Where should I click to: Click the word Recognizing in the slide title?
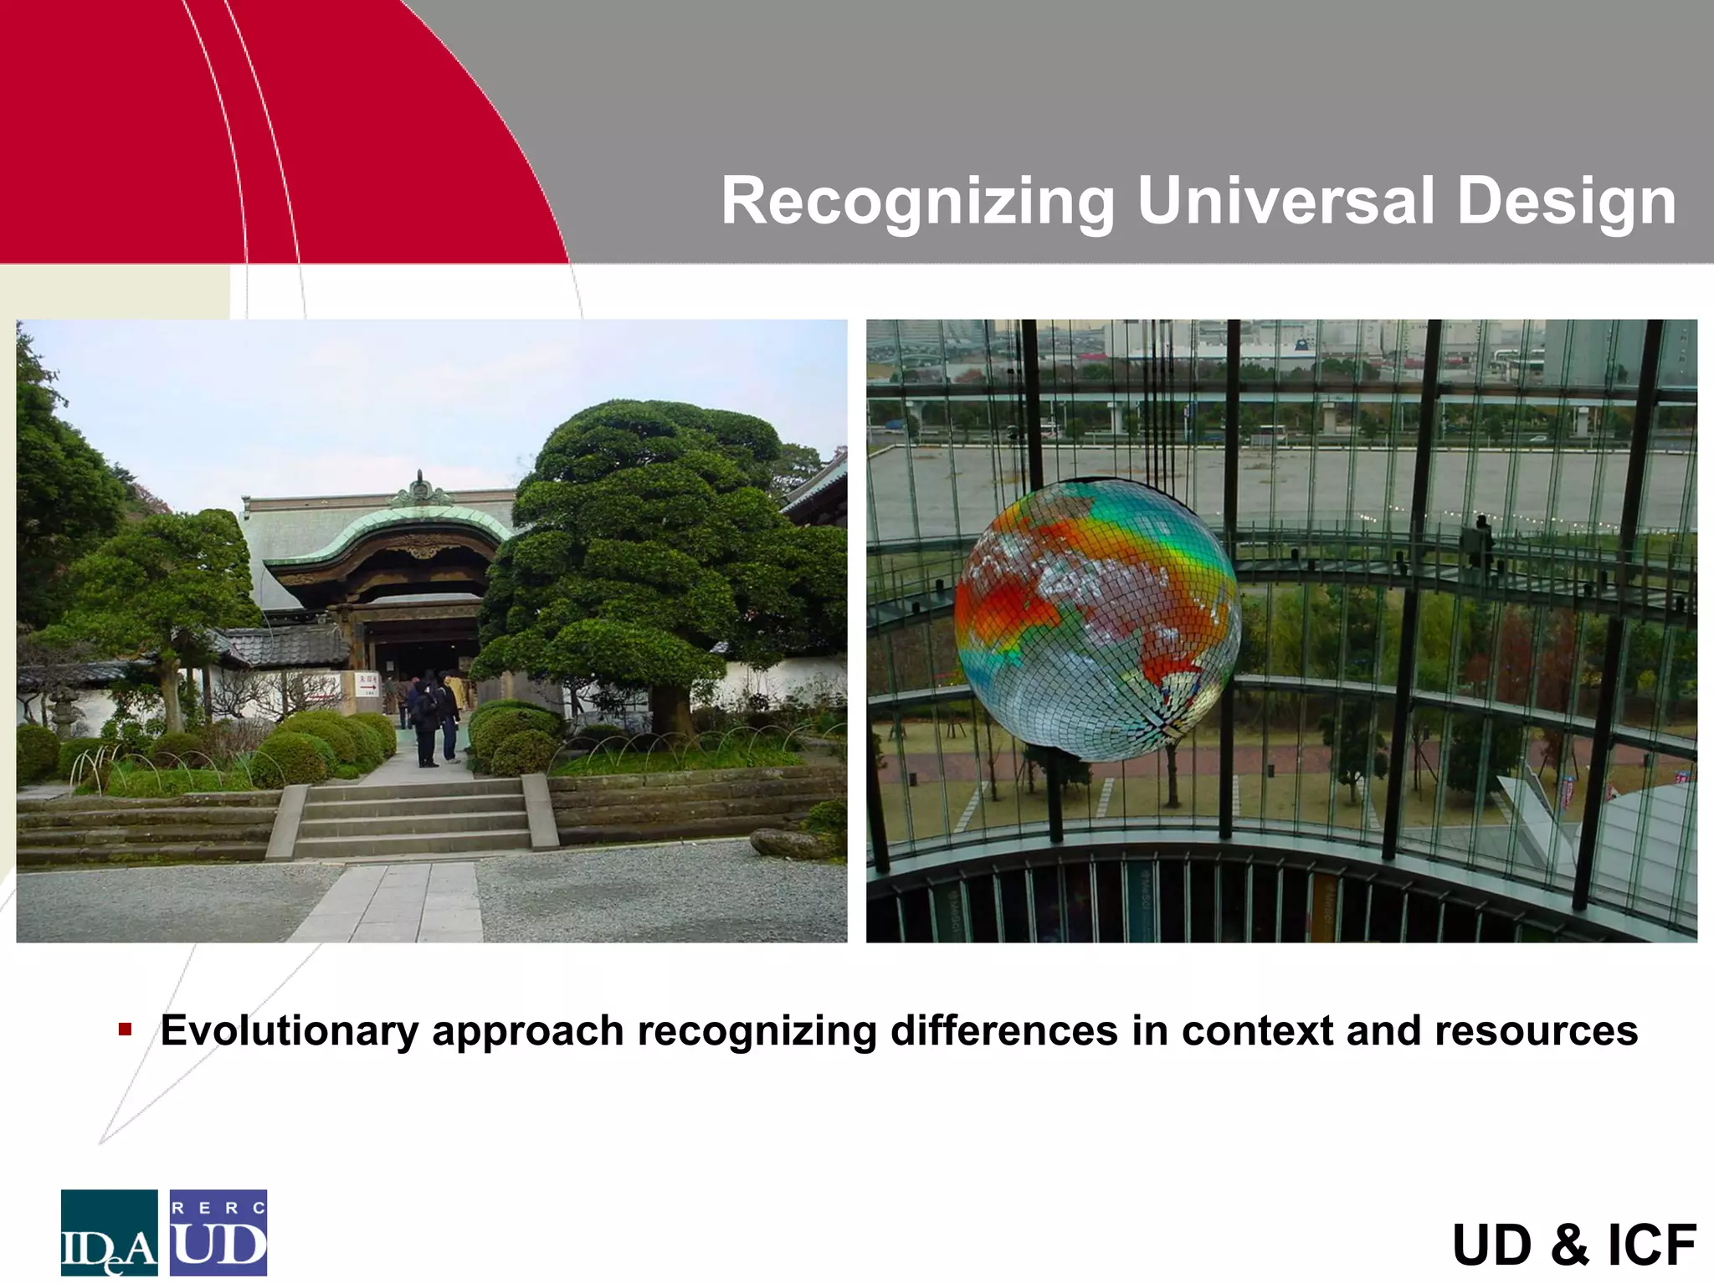click(918, 202)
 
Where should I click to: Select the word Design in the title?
click(1566, 202)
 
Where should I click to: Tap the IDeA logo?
click(109, 1232)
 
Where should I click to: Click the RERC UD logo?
click(218, 1232)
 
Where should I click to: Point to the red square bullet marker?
click(126, 1029)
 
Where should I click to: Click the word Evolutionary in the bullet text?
click(289, 1030)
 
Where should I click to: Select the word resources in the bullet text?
click(1536, 1030)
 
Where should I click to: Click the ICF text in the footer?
click(1652, 1245)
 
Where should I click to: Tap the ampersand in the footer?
click(1569, 1245)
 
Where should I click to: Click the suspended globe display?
click(1096, 619)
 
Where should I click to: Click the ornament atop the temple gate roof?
click(420, 490)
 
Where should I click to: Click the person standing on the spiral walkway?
click(1480, 544)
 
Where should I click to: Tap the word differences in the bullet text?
click(1003, 1030)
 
